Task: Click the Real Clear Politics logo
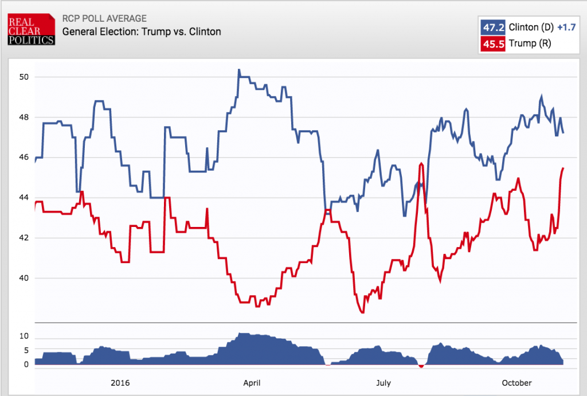pos(31,29)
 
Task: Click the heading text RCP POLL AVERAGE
pos(104,19)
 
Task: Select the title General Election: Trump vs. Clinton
pos(141,32)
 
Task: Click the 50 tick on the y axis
pos(24,77)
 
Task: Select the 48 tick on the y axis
pos(24,117)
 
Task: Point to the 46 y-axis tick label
pos(24,158)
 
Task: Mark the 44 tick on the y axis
pos(24,198)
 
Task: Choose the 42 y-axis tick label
pos(24,238)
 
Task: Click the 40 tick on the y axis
pos(24,278)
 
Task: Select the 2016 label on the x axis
pos(120,382)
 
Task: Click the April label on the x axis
pos(253,382)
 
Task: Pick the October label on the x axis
pos(516,382)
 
